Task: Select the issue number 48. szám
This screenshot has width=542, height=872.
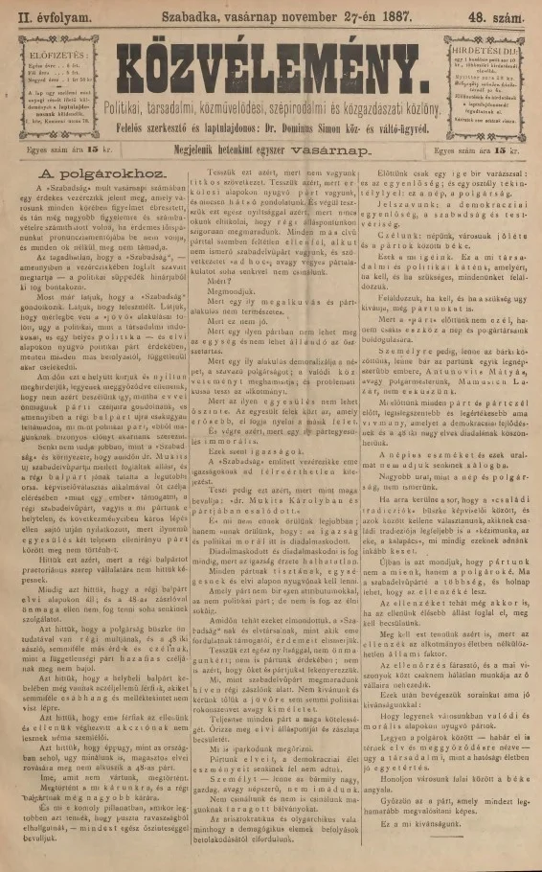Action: click(501, 14)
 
